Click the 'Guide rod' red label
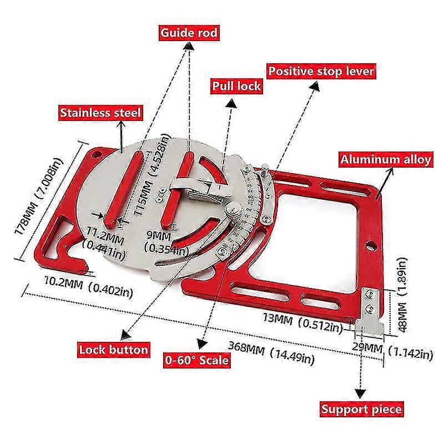tap(189, 33)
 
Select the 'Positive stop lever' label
tap(322, 71)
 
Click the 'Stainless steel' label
tap(101, 113)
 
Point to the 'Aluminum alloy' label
tap(385, 160)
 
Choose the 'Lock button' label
tap(113, 349)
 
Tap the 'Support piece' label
tap(361, 410)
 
